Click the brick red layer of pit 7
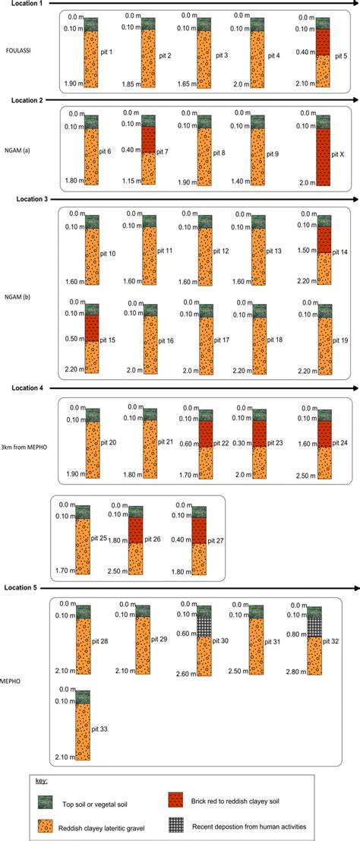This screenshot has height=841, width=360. pos(147,138)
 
